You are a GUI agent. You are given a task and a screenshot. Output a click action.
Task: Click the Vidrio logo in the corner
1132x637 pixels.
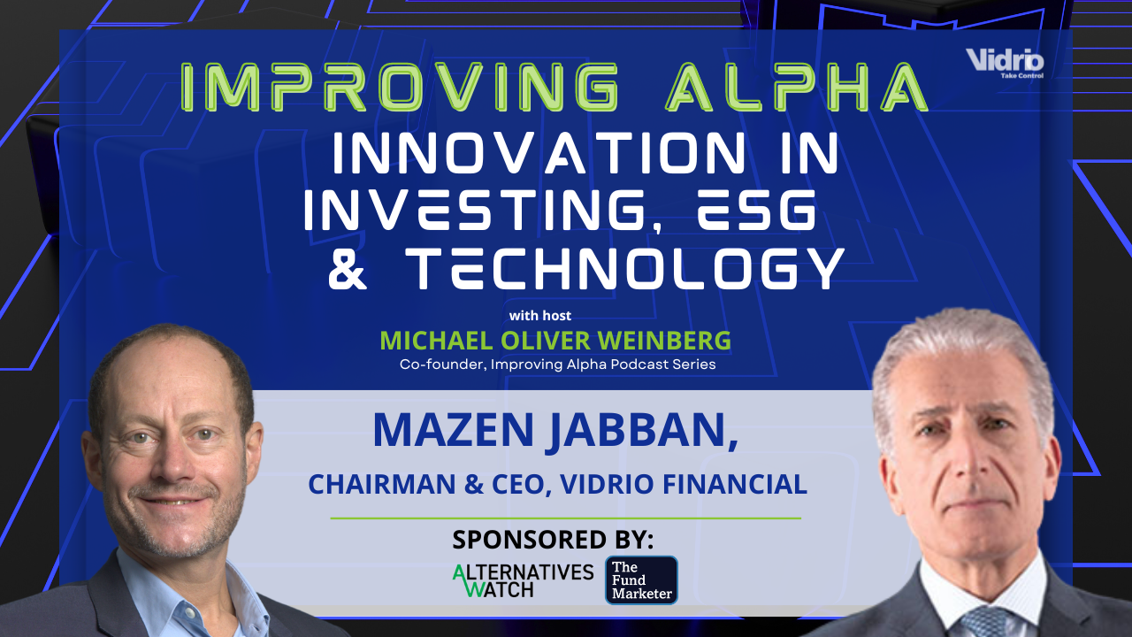(x=1006, y=63)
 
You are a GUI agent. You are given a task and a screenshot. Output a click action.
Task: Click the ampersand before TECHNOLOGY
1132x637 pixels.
(x=348, y=269)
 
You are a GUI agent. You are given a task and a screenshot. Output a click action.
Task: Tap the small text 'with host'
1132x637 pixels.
(x=539, y=316)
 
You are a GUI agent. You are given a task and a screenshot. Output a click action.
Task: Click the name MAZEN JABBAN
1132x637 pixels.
(x=555, y=429)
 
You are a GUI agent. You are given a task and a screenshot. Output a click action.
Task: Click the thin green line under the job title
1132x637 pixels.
(x=566, y=518)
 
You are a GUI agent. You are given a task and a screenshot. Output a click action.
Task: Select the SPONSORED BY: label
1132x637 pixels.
(x=553, y=539)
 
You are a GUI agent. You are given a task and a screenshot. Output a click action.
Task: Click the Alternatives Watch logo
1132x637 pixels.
(x=523, y=579)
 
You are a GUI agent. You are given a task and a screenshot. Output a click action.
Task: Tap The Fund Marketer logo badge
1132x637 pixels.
(x=641, y=579)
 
